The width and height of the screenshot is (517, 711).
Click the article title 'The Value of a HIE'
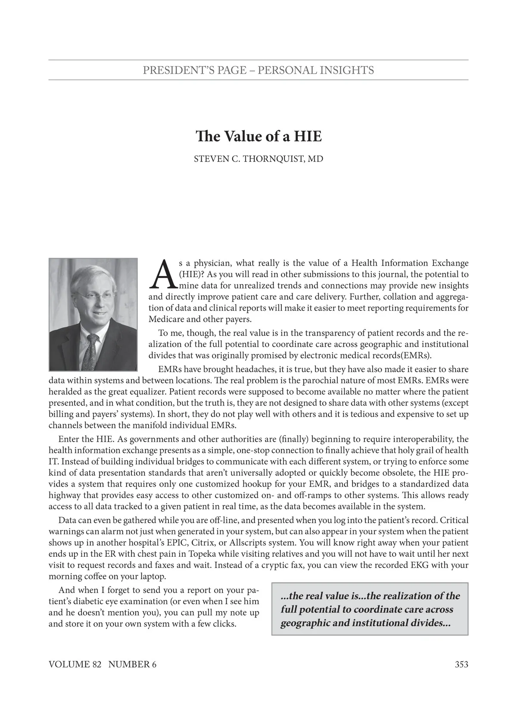258,137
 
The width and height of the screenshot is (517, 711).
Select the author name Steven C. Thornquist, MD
258,159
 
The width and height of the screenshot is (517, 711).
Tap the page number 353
461,664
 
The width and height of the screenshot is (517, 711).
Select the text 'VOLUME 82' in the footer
75,664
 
